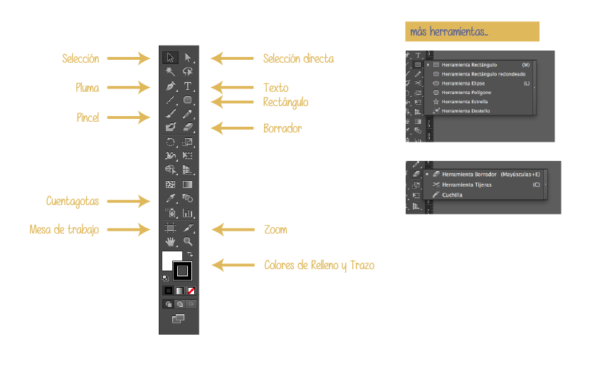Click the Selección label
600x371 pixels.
pos(80,58)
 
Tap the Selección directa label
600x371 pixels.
pos(298,58)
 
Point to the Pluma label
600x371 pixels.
pos(87,88)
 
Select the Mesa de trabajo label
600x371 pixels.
pos(64,229)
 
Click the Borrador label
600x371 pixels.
pos(283,128)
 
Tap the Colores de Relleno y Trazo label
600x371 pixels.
pos(319,265)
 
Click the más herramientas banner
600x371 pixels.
pos(472,32)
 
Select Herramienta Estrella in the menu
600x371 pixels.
pos(465,102)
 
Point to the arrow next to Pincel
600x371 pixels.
pos(130,116)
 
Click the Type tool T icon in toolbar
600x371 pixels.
pos(188,86)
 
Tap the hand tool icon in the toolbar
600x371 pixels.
pos(170,242)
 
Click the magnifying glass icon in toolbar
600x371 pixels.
pos(188,242)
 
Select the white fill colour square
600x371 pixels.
pos(171,259)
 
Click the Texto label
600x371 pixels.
pos(275,88)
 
